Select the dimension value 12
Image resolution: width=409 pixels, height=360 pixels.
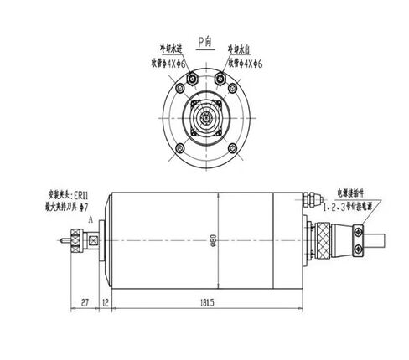pyautogui.click(x=106, y=301)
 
